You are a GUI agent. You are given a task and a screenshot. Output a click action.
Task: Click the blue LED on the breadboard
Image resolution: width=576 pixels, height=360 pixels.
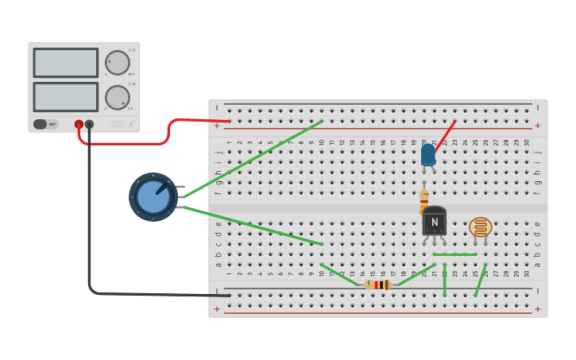tap(428, 154)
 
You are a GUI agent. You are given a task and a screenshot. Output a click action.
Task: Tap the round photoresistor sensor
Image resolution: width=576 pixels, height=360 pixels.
tap(480, 227)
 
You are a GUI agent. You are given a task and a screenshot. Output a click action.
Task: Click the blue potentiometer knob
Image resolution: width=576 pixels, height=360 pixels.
tap(153, 197)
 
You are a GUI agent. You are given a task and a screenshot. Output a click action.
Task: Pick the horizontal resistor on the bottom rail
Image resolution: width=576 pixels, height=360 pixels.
tap(377, 285)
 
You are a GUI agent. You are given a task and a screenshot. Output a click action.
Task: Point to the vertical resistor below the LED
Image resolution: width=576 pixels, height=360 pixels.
tap(424, 201)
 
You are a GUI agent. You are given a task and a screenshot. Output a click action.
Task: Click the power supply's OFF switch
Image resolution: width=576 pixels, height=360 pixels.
tap(45, 124)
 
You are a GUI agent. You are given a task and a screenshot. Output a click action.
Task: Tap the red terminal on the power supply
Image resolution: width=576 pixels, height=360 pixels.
tap(79, 124)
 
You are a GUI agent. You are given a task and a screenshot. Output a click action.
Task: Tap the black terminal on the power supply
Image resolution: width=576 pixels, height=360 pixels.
tap(89, 124)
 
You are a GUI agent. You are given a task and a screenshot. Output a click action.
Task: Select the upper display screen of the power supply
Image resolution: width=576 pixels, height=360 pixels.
tap(65, 63)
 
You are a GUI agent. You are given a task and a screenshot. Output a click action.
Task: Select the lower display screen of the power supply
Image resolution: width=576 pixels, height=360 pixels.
tap(65, 97)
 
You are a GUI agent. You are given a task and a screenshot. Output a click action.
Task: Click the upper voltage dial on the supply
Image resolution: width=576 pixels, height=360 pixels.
tap(118, 63)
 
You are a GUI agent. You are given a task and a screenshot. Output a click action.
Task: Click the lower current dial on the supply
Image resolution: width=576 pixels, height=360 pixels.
tap(118, 98)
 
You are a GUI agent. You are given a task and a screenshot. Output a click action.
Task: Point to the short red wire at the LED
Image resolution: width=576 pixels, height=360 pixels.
tap(446, 135)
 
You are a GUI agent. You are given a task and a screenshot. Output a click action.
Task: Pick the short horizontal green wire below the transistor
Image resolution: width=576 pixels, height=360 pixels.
tap(454, 254)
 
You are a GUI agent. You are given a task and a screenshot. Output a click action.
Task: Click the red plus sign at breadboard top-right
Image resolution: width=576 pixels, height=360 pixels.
tap(538, 126)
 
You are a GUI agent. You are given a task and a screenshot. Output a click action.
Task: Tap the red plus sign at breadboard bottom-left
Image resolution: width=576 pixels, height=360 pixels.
tap(216, 308)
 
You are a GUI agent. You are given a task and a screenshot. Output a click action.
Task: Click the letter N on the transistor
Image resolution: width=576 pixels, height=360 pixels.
tap(435, 222)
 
